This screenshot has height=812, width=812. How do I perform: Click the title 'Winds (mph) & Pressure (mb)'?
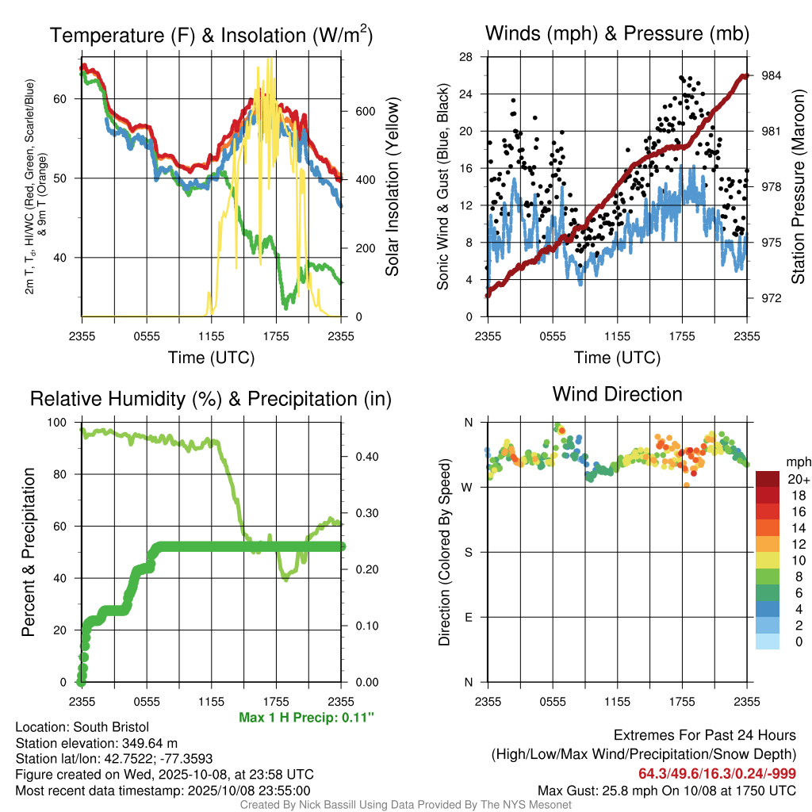click(x=617, y=33)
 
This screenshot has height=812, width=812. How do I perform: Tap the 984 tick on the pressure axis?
click(x=768, y=75)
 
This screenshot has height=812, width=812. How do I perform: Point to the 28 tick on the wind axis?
click(x=466, y=57)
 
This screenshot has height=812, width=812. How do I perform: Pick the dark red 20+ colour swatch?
click(x=767, y=478)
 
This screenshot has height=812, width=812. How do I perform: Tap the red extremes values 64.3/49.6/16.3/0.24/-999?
click(x=718, y=773)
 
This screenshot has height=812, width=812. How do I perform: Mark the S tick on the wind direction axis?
click(x=468, y=553)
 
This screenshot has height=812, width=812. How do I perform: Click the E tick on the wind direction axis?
click(x=468, y=618)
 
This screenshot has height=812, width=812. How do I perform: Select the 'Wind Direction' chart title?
click(x=617, y=394)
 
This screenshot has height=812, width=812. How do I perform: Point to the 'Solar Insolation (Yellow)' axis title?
click(x=392, y=187)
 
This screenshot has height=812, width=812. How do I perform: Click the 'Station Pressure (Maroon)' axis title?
click(x=798, y=187)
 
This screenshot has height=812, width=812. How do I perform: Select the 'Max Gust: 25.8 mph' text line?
click(x=666, y=790)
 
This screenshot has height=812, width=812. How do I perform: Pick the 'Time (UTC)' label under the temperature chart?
click(x=211, y=358)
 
